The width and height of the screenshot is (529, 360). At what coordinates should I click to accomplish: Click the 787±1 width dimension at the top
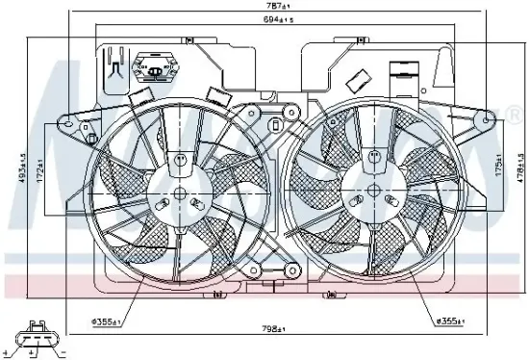[266, 8]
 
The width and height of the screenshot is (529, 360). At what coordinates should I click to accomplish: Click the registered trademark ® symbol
[488, 116]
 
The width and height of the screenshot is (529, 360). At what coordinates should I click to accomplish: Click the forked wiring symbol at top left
[114, 66]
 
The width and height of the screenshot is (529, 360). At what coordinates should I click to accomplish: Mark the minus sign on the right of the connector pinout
[60, 354]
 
